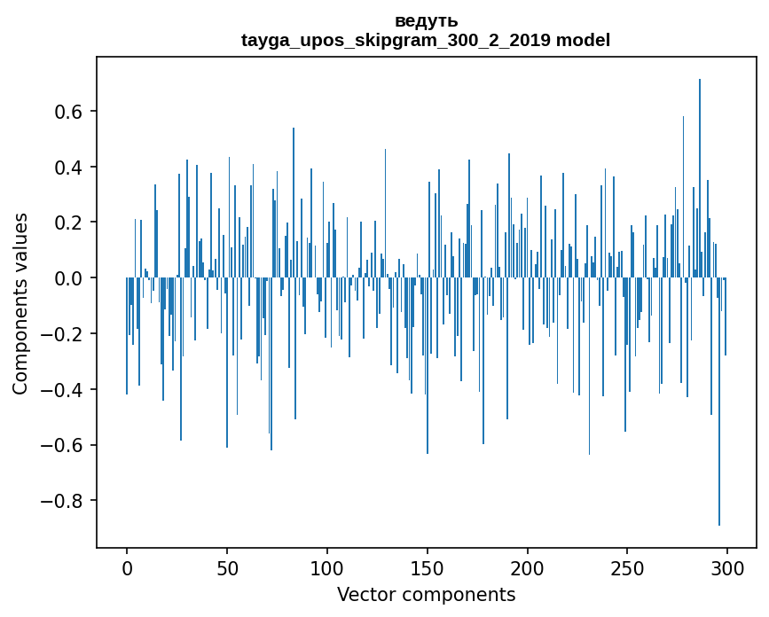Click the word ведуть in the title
point(426,21)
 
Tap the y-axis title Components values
point(20,303)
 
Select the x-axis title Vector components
point(426,595)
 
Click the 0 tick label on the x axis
point(127,567)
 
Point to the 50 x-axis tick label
point(227,567)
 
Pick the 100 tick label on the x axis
point(327,567)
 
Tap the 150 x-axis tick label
point(428,567)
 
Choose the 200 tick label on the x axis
point(528,567)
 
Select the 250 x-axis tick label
point(627,567)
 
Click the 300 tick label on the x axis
point(727,567)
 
